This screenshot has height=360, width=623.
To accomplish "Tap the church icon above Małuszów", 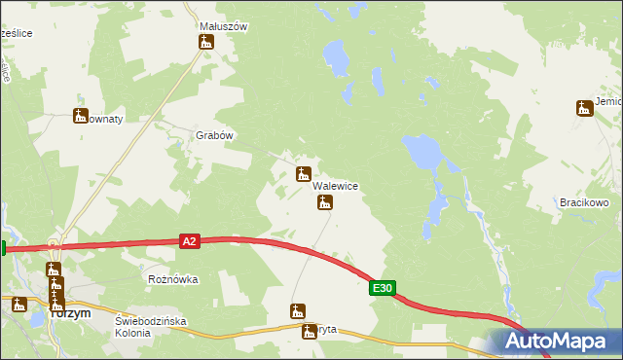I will click(x=205, y=42).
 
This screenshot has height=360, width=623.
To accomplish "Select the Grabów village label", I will click(x=215, y=136).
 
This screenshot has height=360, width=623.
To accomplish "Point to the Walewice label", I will click(x=337, y=186).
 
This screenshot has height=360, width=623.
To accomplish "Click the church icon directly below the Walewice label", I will click(x=325, y=202).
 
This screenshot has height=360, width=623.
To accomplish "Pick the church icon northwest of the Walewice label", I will click(x=303, y=174).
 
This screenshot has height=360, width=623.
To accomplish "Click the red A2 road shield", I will click(x=190, y=240).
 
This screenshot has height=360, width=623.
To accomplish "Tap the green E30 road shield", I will click(x=383, y=288).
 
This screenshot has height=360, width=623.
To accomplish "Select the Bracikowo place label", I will click(x=584, y=202).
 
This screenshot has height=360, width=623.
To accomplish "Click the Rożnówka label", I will click(x=172, y=279).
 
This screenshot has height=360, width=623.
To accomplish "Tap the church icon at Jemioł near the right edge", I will click(x=583, y=108).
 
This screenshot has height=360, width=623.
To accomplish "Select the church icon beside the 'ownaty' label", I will click(x=80, y=116).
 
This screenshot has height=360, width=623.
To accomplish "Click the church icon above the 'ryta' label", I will click(x=298, y=311).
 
